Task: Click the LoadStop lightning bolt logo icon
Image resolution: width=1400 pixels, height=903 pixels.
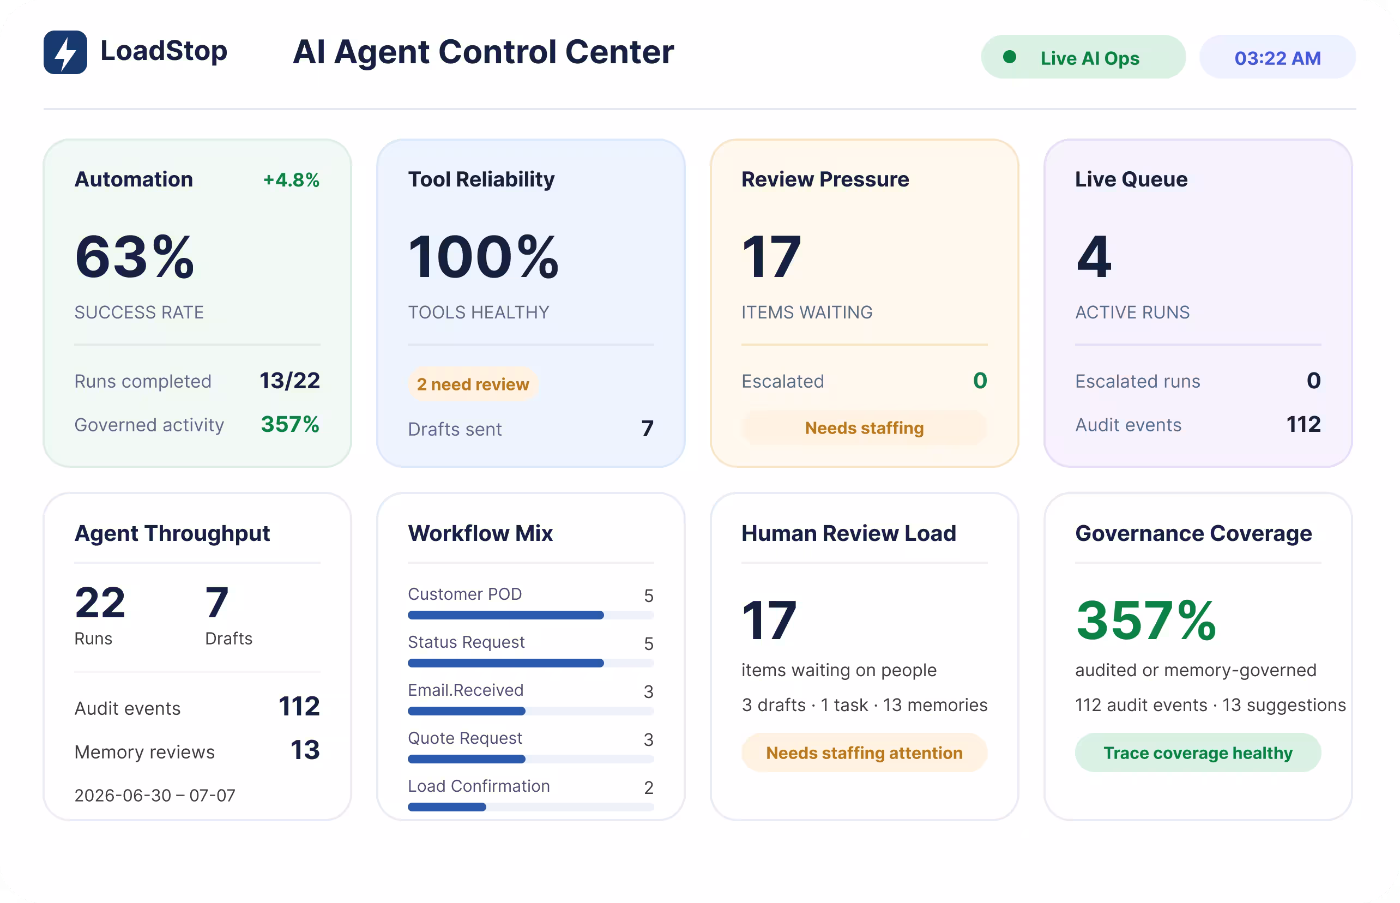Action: tap(65, 52)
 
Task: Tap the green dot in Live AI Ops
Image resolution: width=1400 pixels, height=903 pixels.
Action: tap(1009, 57)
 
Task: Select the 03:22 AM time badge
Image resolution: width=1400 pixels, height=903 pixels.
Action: tap(1277, 57)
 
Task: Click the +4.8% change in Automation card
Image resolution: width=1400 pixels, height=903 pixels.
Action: tap(291, 180)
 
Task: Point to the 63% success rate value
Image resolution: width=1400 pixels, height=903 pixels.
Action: tap(134, 257)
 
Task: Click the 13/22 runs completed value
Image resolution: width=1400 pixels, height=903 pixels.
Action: tap(289, 381)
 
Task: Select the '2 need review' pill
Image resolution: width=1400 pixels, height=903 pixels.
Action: tap(473, 384)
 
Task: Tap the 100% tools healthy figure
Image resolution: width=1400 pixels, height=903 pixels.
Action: tap(483, 257)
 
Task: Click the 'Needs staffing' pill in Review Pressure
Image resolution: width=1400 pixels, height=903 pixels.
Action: tap(864, 428)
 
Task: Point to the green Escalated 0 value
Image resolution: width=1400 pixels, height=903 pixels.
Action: tap(980, 381)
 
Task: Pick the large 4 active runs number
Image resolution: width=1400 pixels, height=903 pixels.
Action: tap(1094, 257)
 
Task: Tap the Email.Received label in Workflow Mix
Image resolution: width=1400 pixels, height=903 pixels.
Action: tap(466, 690)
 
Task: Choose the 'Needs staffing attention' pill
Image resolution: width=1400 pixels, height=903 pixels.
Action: tap(864, 753)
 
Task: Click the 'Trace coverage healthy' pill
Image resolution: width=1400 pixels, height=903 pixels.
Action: tap(1198, 753)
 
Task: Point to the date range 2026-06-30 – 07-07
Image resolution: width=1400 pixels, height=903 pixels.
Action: tap(155, 796)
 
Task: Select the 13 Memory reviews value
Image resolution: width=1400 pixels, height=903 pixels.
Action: tap(305, 750)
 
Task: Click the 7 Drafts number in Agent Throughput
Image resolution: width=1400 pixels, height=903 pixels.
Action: tap(216, 603)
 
